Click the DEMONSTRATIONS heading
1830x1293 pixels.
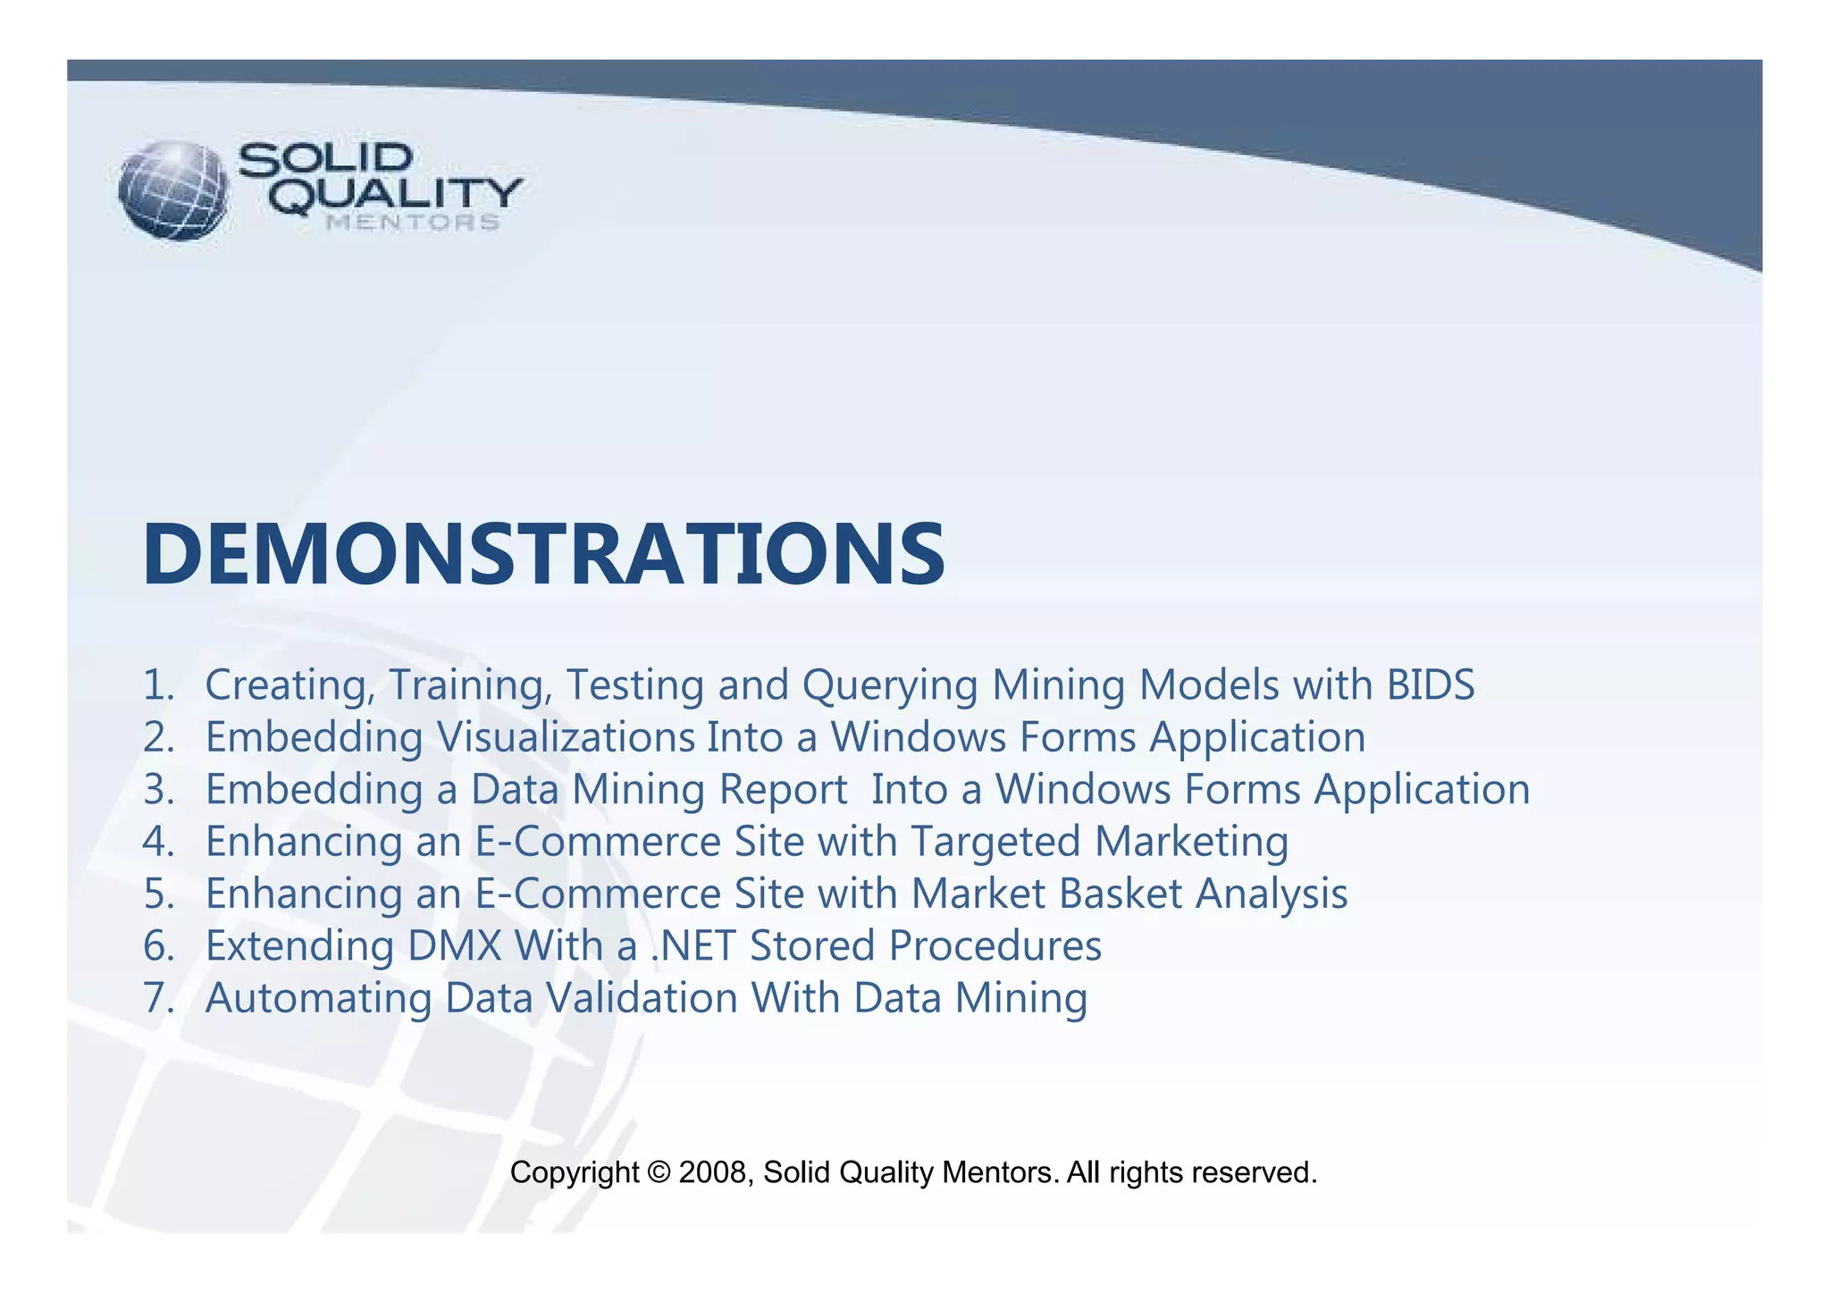point(543,555)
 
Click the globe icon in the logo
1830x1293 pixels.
point(173,190)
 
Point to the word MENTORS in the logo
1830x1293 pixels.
point(412,222)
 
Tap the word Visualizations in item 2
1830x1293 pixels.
point(566,738)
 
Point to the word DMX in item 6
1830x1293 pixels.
point(454,946)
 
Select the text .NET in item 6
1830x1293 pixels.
point(693,946)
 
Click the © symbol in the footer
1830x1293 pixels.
point(659,1172)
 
